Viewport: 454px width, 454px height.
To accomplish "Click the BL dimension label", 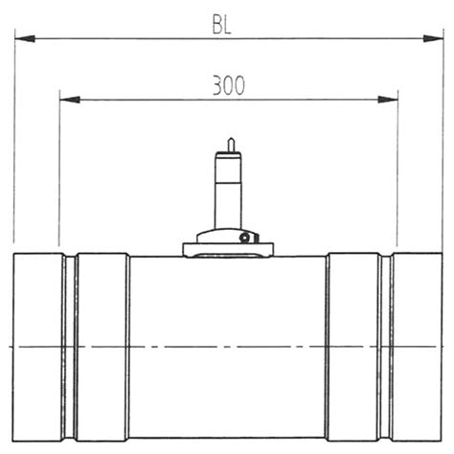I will [221, 24].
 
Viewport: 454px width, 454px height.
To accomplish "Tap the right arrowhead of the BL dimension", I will [435, 39].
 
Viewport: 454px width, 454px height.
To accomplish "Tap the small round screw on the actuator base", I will [245, 237].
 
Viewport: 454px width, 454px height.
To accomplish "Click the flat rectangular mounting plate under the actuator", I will [227, 250].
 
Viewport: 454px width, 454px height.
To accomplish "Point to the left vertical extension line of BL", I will [15, 144].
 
